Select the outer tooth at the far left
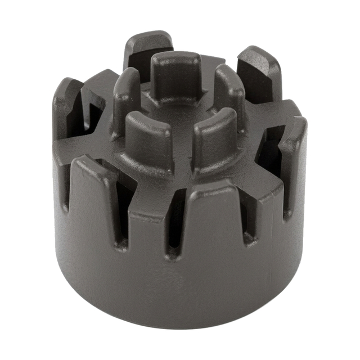67,107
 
